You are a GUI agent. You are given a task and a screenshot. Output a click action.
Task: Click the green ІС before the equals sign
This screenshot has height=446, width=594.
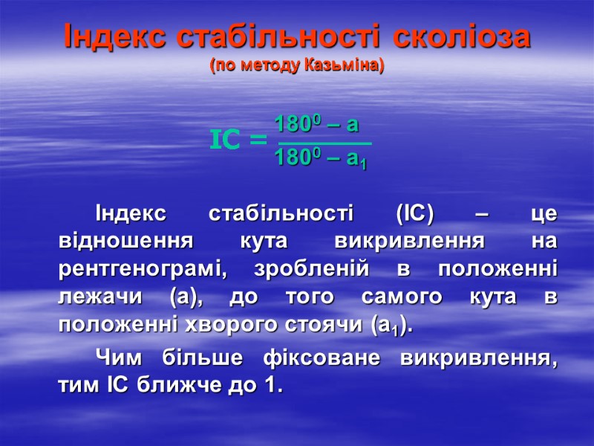pos(228,139)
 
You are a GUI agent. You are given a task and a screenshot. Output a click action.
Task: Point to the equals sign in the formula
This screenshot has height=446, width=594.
pos(258,140)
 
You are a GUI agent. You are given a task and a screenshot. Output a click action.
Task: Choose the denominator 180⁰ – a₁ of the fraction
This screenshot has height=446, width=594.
pos(320,158)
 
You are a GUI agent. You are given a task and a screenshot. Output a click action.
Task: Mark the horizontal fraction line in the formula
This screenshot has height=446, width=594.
pos(324,141)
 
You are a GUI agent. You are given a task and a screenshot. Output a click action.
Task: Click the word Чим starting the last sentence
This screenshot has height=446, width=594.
pos(120,358)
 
